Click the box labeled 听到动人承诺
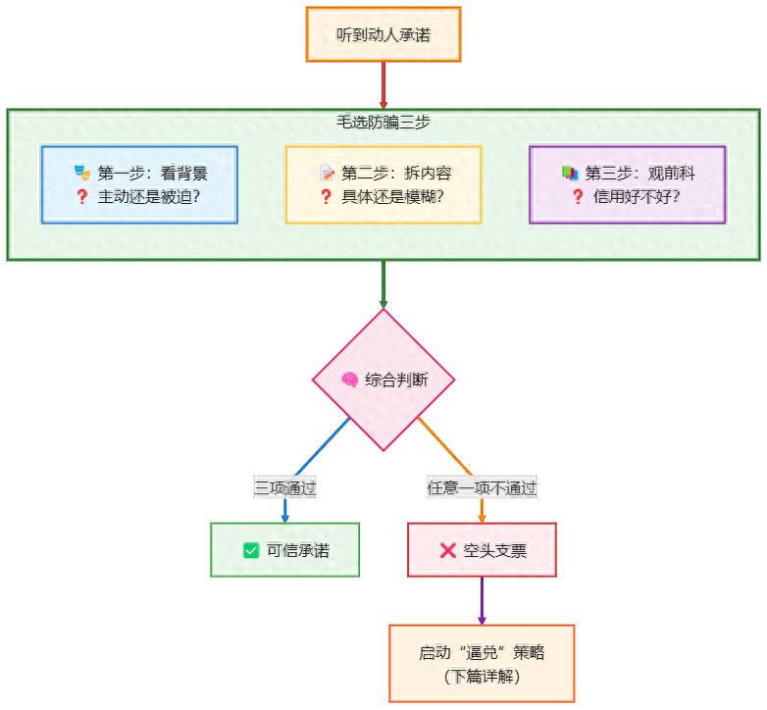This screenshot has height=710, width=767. [383, 34]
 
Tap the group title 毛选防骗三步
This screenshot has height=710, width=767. [383, 123]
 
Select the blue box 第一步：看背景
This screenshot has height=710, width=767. [139, 184]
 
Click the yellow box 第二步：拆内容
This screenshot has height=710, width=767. [383, 184]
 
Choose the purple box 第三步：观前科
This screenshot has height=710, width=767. [627, 184]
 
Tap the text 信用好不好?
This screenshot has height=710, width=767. [637, 196]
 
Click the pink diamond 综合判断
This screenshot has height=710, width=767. [383, 380]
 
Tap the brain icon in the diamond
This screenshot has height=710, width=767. [348, 380]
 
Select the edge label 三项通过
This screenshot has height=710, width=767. [284, 487]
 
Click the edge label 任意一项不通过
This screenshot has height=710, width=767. [482, 487]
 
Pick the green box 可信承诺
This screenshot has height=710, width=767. [284, 550]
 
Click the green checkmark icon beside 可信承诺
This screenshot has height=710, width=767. [251, 550]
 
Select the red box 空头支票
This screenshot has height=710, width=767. [482, 550]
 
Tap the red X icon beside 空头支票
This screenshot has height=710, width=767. [448, 550]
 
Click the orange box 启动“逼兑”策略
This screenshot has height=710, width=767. [482, 663]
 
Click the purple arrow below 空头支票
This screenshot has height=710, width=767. [482, 600]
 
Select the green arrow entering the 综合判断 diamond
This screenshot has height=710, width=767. [383, 284]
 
